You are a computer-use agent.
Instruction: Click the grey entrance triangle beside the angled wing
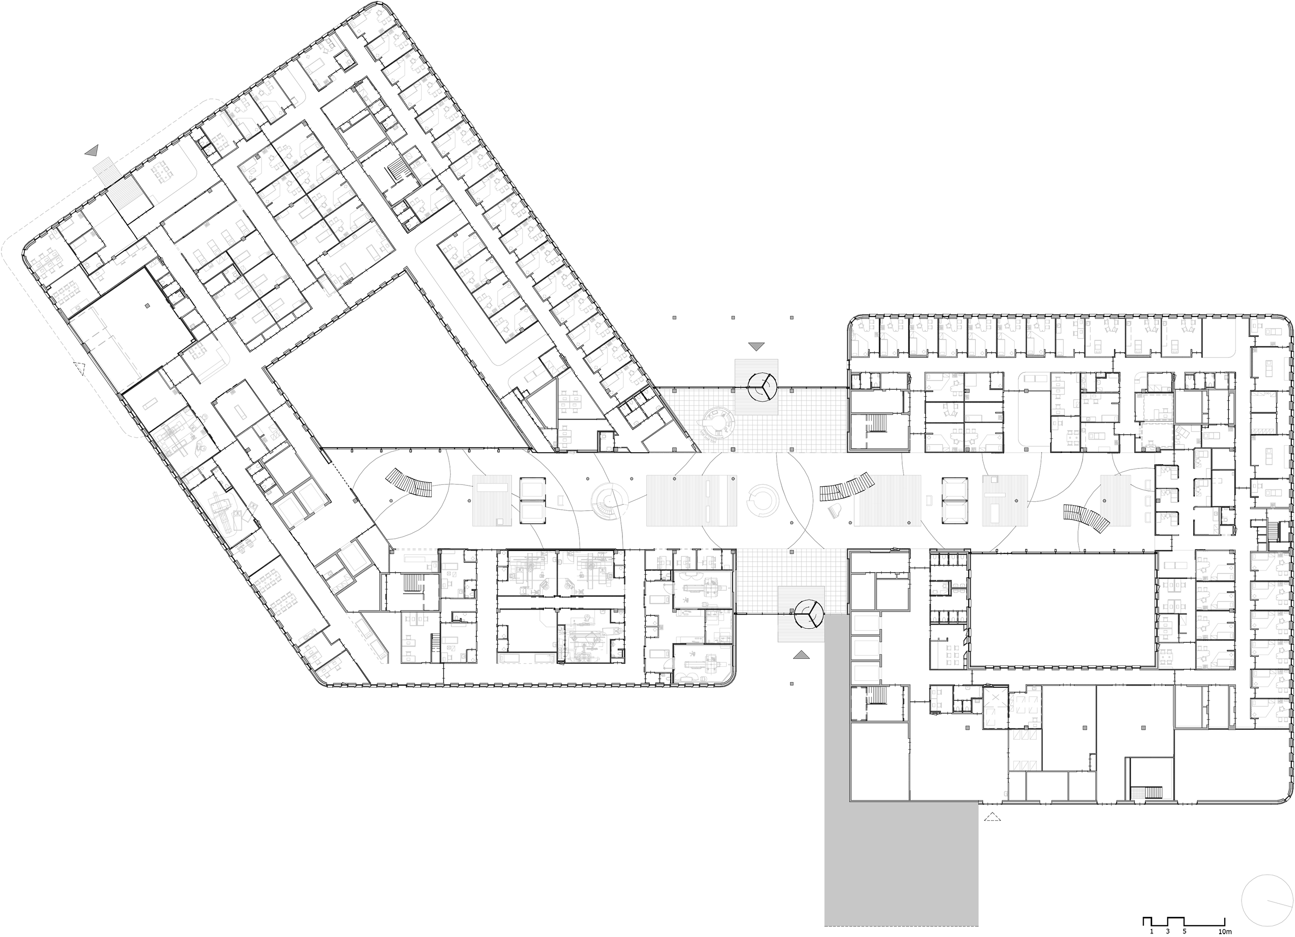pos(92,151)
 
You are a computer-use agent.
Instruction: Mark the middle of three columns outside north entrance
pos(733,318)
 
